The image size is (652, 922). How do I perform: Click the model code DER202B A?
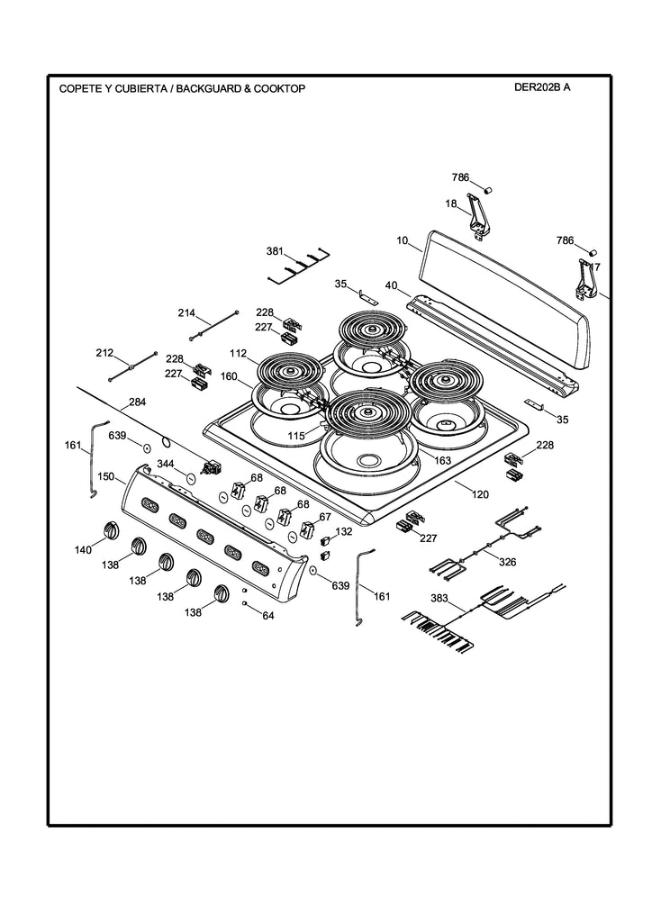click(541, 88)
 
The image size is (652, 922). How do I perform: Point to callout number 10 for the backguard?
click(403, 241)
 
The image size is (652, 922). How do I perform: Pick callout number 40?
click(391, 285)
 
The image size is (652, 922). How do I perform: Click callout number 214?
click(186, 313)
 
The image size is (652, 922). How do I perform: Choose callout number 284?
click(137, 402)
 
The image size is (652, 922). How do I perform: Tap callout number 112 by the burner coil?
click(238, 353)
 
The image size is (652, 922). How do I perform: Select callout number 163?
click(442, 460)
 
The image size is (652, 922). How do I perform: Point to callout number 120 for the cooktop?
click(480, 495)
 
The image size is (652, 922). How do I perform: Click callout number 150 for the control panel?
click(105, 475)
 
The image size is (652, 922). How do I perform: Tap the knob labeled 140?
click(110, 529)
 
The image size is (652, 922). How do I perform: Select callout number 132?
click(344, 532)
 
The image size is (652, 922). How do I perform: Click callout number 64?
click(267, 616)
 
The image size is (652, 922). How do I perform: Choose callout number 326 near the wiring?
click(507, 562)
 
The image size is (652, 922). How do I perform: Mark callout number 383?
click(439, 598)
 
